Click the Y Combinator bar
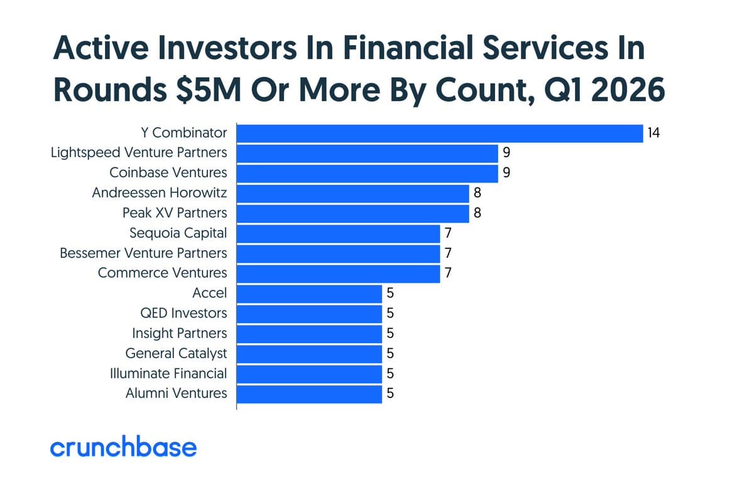click(x=439, y=133)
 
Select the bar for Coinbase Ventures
click(x=367, y=173)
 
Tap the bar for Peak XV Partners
click(x=352, y=213)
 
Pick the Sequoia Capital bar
click(x=338, y=233)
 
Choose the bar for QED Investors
click(x=309, y=313)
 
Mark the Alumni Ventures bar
click(x=309, y=394)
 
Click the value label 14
click(x=654, y=133)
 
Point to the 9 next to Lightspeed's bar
click(x=506, y=153)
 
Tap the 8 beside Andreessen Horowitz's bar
click(x=477, y=193)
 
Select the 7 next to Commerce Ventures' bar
click(x=448, y=273)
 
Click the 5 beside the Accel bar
click(x=390, y=293)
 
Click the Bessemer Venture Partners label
click(x=143, y=253)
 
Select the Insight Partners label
click(x=179, y=333)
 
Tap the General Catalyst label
click(x=176, y=353)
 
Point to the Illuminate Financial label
click(x=168, y=373)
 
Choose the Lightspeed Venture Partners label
click(x=139, y=153)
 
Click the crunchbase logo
click(x=123, y=448)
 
